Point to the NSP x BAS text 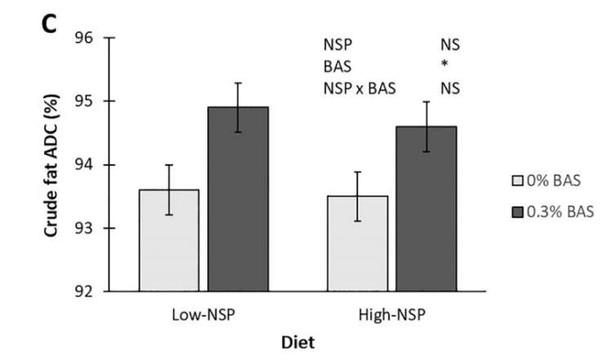tap(359, 89)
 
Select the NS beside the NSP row tap(449, 47)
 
